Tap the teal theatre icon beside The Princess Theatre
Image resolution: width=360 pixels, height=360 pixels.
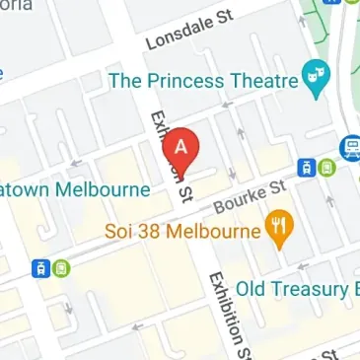pyautogui.click(x=316, y=81)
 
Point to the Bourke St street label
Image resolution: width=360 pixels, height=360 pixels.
pyautogui.click(x=249, y=195)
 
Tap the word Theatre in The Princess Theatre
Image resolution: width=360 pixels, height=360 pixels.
pyautogui.click(x=263, y=81)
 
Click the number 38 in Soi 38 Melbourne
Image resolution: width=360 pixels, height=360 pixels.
pyautogui.click(x=153, y=234)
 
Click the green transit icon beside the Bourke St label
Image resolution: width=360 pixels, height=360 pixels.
pyautogui.click(x=325, y=169)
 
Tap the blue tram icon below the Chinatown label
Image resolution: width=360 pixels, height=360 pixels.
pyautogui.click(x=40, y=268)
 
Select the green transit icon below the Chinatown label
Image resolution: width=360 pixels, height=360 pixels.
pyautogui.click(x=59, y=268)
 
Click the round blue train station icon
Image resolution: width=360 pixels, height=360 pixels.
pyautogui.click(x=351, y=149)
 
